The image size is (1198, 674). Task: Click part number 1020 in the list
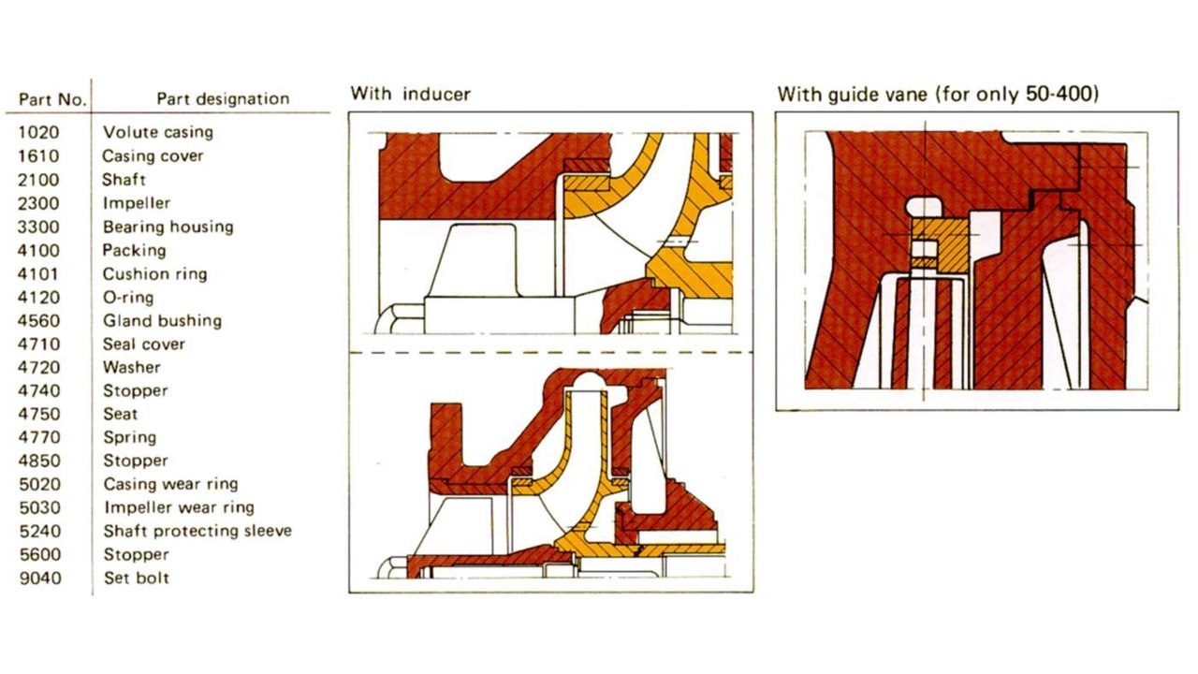click(x=38, y=132)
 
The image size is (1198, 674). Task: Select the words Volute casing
click(x=158, y=132)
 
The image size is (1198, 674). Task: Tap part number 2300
click(x=38, y=203)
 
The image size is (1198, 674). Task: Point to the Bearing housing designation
click(x=168, y=227)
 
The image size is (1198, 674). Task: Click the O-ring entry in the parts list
click(x=128, y=298)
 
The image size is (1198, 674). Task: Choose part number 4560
click(x=38, y=321)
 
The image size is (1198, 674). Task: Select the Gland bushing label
click(x=163, y=321)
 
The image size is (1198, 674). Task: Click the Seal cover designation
click(x=144, y=344)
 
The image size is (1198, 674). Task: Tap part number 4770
click(x=39, y=437)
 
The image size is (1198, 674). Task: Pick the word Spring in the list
click(x=130, y=437)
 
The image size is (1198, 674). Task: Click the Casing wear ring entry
click(x=171, y=484)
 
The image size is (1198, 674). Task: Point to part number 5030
click(x=39, y=507)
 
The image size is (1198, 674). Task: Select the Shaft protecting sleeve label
click(x=197, y=531)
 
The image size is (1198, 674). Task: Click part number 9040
click(x=40, y=579)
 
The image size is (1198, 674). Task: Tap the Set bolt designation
click(x=137, y=579)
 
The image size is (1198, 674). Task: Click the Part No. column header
click(x=52, y=99)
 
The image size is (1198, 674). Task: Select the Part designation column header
click(x=223, y=99)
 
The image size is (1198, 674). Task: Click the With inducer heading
click(x=411, y=95)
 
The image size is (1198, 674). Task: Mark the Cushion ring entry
click(x=155, y=274)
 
